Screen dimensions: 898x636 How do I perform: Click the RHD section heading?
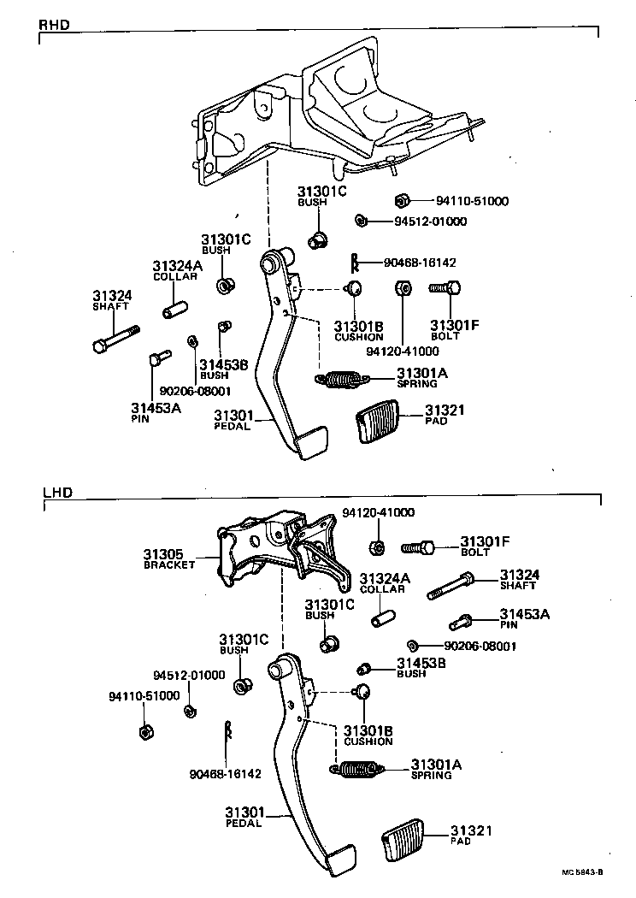tap(54, 26)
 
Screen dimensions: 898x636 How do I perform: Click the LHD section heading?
tap(54, 493)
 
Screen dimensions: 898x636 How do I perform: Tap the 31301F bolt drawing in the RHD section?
tap(445, 290)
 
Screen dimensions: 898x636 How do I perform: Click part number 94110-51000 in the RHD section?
tap(472, 202)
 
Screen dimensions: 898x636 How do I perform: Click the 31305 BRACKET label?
tap(170, 559)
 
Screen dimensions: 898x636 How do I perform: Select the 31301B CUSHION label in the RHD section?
tap(358, 332)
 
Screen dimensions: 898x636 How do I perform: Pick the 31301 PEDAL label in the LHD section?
tap(244, 816)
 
